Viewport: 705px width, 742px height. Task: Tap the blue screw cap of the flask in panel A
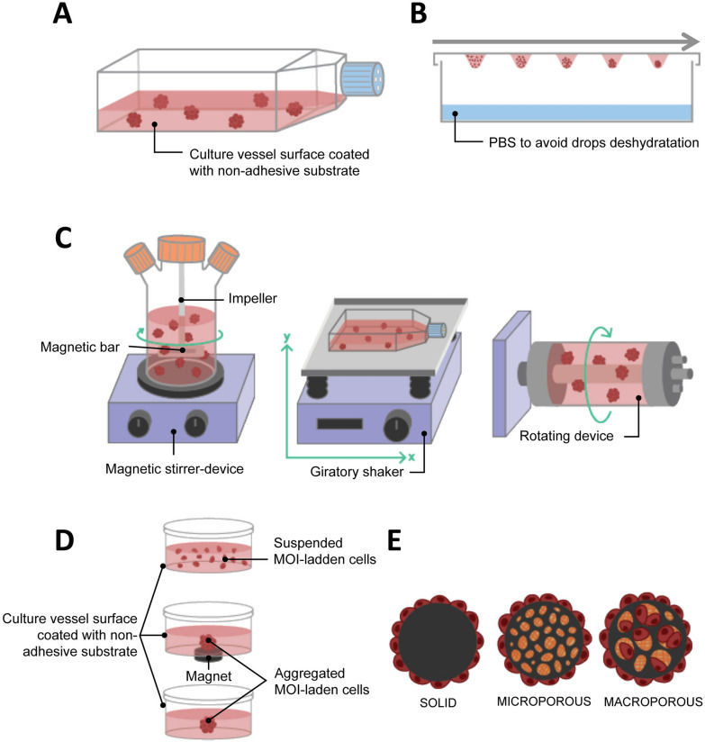pyautogui.click(x=363, y=78)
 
